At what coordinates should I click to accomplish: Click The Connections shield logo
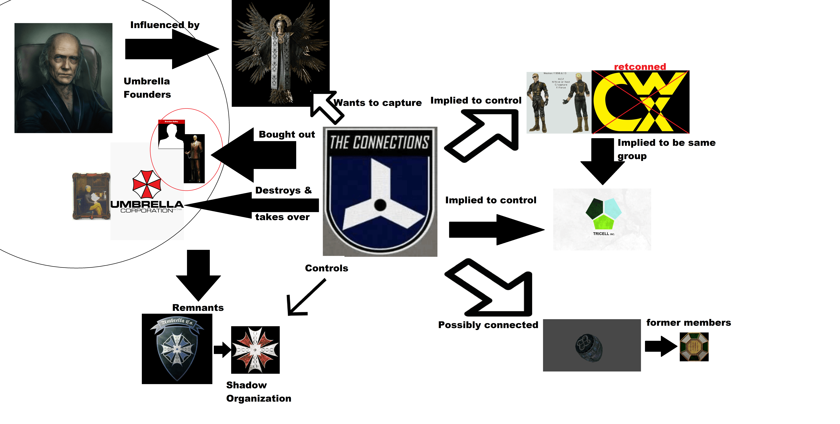(x=380, y=192)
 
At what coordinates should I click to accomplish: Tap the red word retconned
(x=640, y=67)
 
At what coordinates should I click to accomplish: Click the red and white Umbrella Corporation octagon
(x=147, y=184)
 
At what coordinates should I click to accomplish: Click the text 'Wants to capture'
(x=378, y=103)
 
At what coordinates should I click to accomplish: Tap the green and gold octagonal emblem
(x=694, y=347)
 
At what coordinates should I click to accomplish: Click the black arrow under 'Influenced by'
(x=172, y=49)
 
